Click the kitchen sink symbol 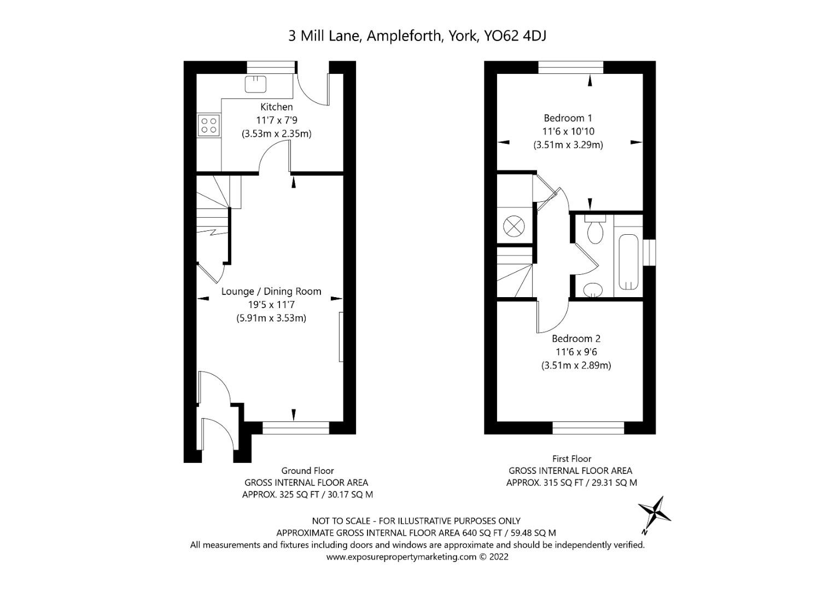point(255,84)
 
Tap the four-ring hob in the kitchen point(208,125)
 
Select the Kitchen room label point(276,107)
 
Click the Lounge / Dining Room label point(271,291)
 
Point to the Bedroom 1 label point(568,118)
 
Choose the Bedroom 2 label point(576,339)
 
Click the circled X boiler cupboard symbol point(514,225)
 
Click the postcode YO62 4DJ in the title point(516,36)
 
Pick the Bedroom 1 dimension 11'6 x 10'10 point(568,131)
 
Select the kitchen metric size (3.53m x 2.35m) point(276,134)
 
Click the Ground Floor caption point(307,471)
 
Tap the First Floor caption point(571,459)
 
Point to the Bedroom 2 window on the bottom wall point(588,428)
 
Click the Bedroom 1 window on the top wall point(570,67)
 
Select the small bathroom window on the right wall point(649,252)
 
